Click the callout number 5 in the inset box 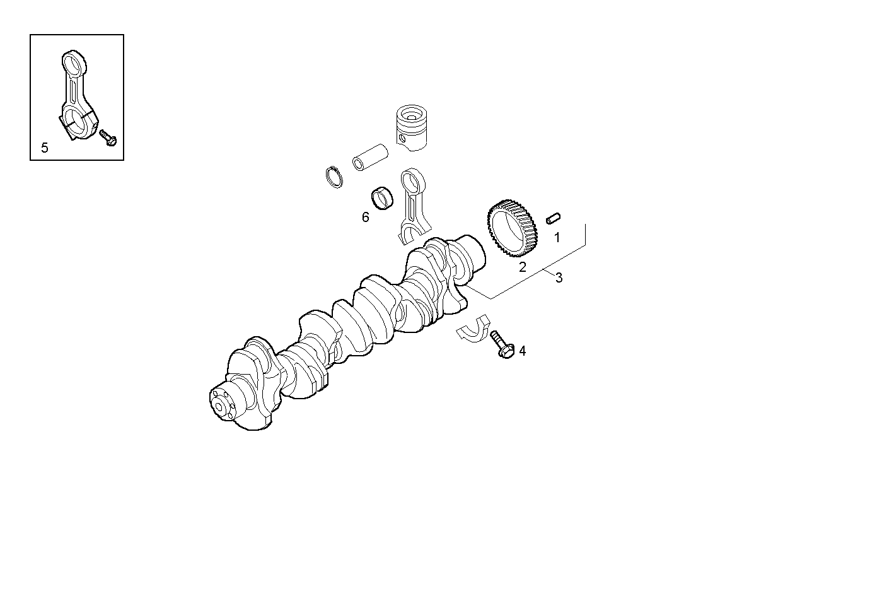44,148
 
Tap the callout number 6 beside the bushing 365,218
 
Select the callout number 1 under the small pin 557,238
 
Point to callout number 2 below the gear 522,267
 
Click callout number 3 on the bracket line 559,278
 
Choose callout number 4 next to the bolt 522,351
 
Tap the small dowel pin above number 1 554,218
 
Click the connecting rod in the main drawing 413,205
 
